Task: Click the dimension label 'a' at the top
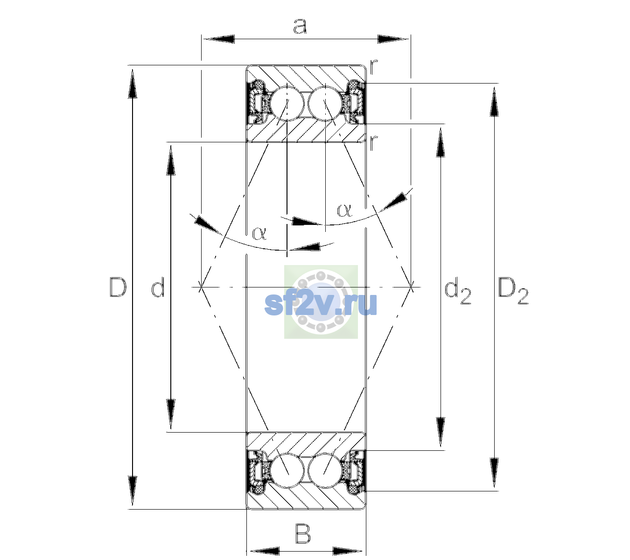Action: pos(300,26)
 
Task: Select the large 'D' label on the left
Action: pos(118,287)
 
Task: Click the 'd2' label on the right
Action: pos(458,292)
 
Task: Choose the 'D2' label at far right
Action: pos(513,291)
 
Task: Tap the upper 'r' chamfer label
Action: pos(373,67)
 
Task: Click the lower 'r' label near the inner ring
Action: pos(373,143)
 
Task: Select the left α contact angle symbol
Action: pos(259,233)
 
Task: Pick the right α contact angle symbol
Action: pos(344,210)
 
